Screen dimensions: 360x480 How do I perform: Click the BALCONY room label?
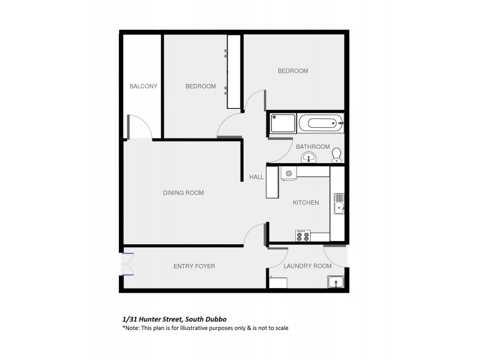[x=143, y=86]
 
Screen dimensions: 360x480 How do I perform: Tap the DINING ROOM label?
[x=183, y=193]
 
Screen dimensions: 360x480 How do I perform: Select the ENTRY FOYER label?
[x=194, y=266]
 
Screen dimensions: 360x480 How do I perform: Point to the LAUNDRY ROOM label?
[x=307, y=266]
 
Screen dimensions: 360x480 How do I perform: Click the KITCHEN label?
[x=305, y=203]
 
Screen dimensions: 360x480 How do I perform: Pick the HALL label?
[x=257, y=177]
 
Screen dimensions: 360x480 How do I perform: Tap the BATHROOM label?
[x=313, y=146]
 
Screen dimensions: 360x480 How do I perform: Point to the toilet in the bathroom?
[x=337, y=155]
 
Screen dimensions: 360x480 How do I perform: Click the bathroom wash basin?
[x=309, y=158]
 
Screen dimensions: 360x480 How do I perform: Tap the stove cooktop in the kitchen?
[x=302, y=236]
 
